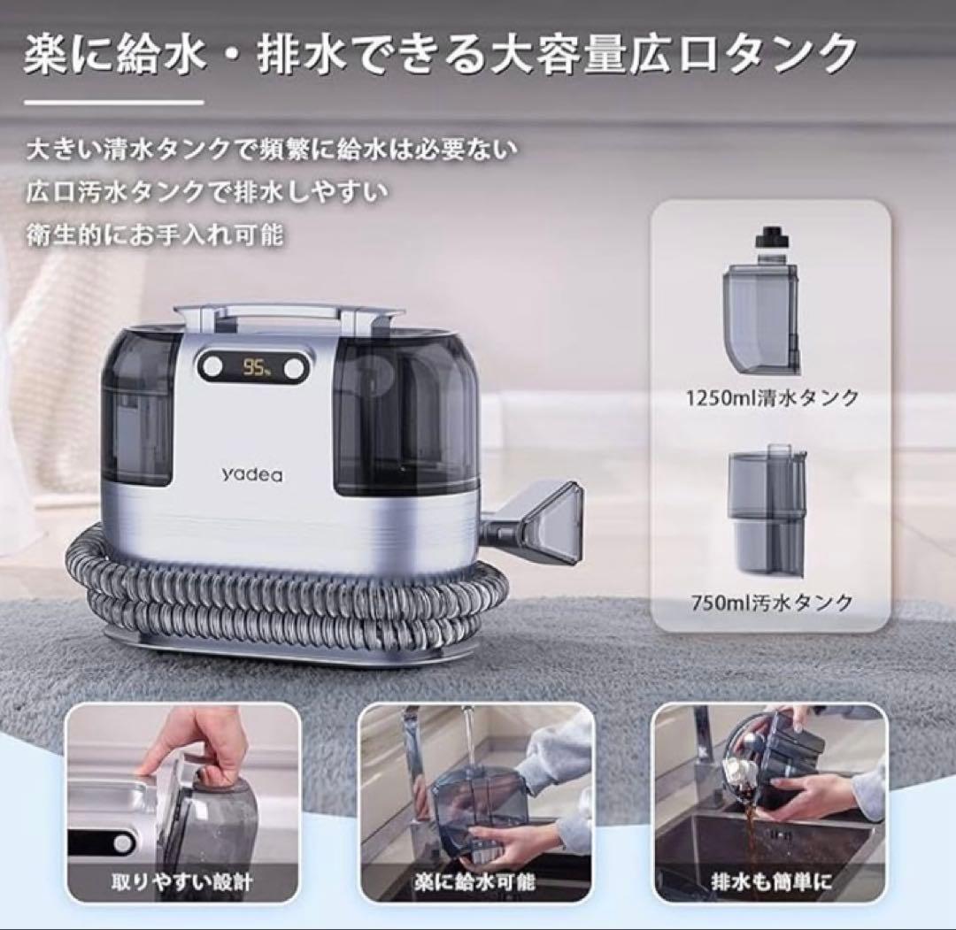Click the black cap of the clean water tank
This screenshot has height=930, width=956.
(x=769, y=239)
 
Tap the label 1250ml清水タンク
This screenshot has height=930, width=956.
(x=772, y=398)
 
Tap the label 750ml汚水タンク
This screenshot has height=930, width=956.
(x=772, y=603)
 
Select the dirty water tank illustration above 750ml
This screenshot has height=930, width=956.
(x=766, y=511)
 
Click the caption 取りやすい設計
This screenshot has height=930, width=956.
(x=183, y=882)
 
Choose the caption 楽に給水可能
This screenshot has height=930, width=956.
(x=475, y=882)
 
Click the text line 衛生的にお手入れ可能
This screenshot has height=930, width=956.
(x=154, y=236)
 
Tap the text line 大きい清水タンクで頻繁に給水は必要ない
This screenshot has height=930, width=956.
(x=270, y=148)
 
